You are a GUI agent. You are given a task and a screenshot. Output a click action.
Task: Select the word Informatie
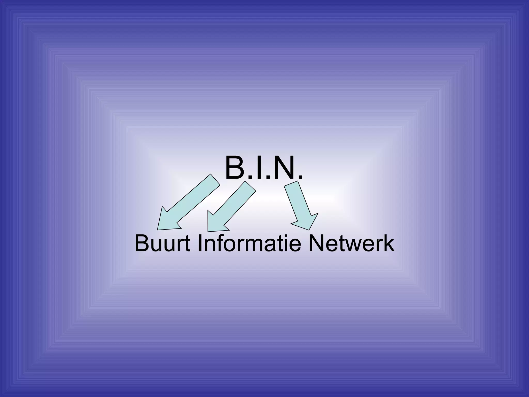click(250, 243)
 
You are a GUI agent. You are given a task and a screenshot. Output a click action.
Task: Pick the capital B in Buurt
click(141, 243)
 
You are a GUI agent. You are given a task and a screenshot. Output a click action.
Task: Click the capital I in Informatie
click(201, 243)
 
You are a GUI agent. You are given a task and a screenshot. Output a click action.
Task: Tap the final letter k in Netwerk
click(389, 243)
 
